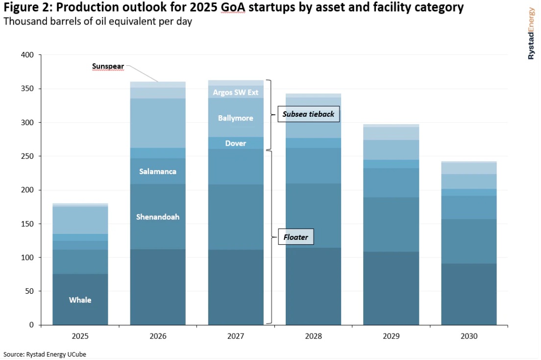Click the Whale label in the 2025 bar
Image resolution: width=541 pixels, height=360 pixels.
[80, 300]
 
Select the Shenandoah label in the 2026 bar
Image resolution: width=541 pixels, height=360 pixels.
[158, 217]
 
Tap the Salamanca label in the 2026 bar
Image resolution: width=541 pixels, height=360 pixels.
[158, 172]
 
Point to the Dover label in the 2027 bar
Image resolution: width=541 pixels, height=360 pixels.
[236, 143]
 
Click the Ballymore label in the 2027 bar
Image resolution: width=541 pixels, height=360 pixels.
[236, 118]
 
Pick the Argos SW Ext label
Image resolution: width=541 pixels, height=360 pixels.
[236, 92]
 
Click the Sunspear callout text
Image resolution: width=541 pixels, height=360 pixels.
[108, 66]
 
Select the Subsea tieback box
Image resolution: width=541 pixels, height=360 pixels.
[308, 114]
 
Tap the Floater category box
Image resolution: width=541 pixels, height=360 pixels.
[295, 237]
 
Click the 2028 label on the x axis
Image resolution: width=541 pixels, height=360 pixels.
[314, 336]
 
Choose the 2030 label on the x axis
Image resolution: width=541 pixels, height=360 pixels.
[469, 336]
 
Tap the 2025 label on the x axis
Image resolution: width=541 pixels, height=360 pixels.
[80, 336]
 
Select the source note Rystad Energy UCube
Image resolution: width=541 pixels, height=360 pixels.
[41, 354]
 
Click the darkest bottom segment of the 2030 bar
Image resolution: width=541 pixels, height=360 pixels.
[469, 294]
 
